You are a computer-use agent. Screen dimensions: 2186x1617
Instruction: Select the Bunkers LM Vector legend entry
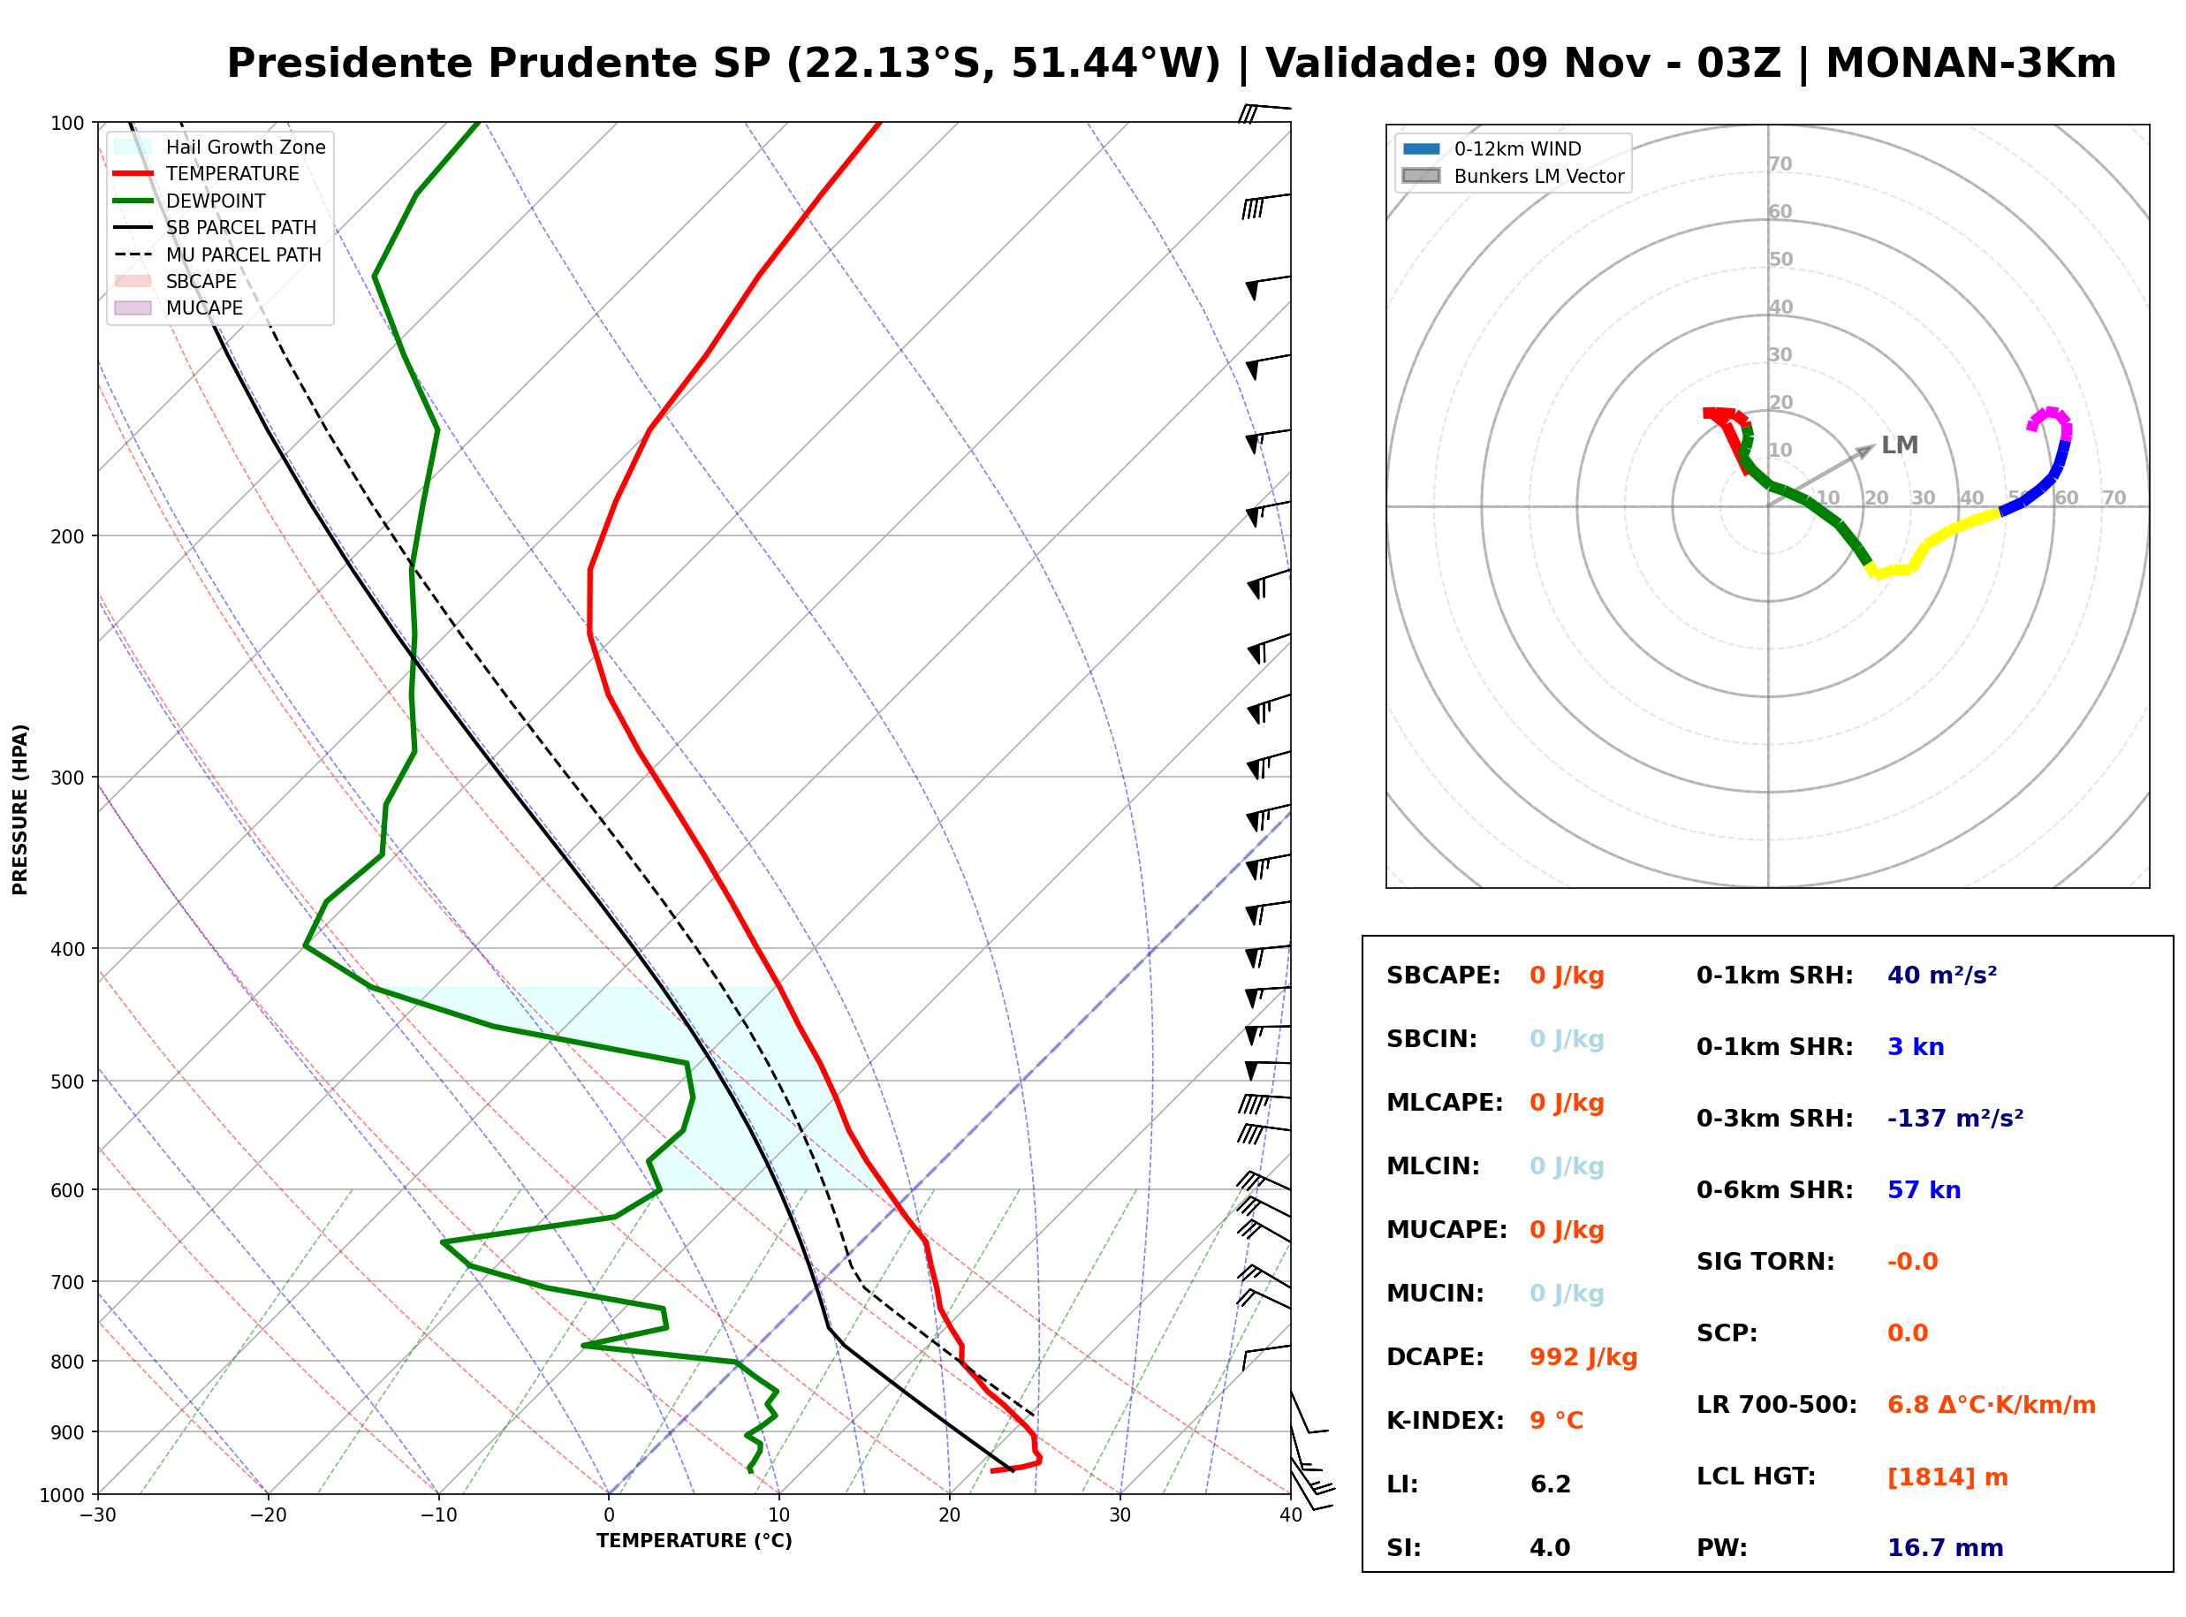1513,176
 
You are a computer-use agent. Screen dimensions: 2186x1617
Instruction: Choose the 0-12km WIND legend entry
1492,148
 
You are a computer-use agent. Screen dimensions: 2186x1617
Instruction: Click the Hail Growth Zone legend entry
220,147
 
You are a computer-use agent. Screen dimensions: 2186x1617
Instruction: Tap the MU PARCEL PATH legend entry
218,254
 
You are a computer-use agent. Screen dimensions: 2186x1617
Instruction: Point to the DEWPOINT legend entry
190,201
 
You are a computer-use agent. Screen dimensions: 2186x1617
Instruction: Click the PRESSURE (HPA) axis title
19,809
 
